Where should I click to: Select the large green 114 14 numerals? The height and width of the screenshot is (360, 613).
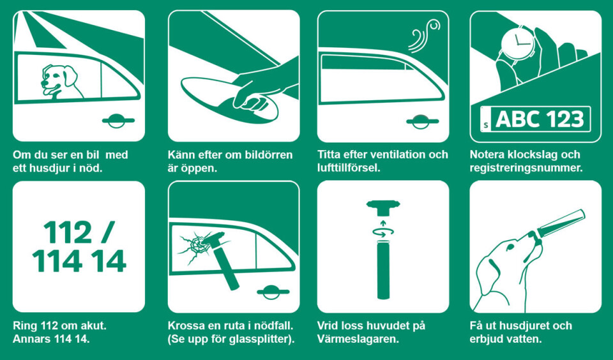click(x=79, y=261)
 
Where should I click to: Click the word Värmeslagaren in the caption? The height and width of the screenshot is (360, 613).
click(x=358, y=339)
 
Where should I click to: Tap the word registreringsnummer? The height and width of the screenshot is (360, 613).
click(x=526, y=169)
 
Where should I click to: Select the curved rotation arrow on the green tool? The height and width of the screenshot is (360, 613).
click(x=382, y=234)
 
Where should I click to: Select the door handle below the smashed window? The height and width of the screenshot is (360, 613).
click(x=273, y=292)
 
